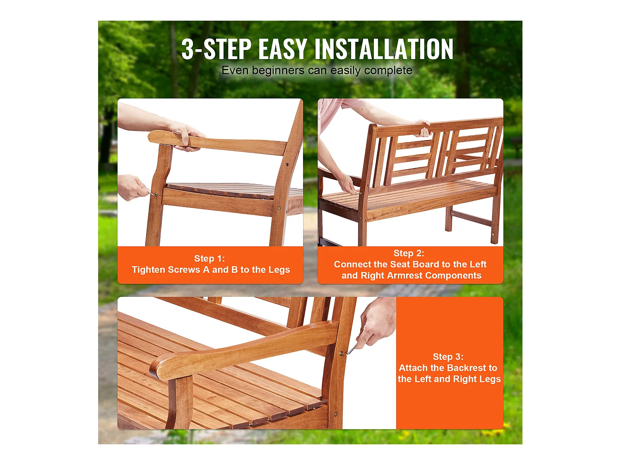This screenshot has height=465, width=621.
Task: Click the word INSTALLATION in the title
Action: (384, 50)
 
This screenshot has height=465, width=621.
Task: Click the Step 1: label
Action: (209, 259)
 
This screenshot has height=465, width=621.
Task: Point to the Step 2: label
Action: (409, 253)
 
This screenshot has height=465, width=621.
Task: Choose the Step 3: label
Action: (448, 357)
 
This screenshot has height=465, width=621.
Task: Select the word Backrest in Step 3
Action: (466, 368)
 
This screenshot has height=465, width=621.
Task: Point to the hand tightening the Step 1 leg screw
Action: (132, 187)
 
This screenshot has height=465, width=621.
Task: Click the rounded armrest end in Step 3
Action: (159, 368)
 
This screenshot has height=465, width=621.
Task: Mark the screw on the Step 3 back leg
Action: (341, 353)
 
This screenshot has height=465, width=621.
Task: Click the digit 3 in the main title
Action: (188, 50)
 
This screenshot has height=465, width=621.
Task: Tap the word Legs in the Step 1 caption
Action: (279, 270)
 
